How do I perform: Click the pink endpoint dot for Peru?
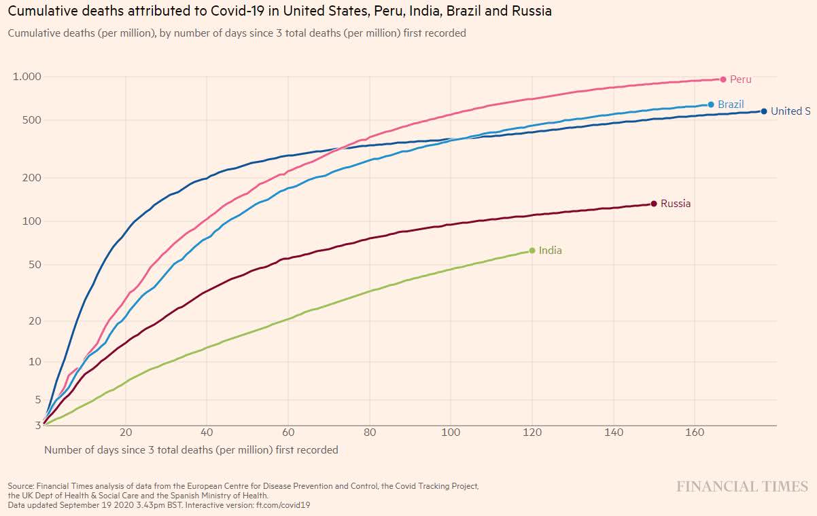click(723, 79)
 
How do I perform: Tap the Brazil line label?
click(731, 105)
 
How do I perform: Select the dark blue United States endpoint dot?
click(764, 111)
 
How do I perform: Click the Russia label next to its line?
click(675, 204)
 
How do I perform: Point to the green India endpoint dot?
click(532, 251)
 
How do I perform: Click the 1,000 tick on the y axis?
click(27, 77)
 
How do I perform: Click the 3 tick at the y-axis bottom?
click(38, 425)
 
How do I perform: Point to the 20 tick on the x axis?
click(126, 432)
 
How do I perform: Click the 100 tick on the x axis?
click(451, 432)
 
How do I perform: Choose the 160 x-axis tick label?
click(695, 432)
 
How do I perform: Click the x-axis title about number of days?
click(191, 449)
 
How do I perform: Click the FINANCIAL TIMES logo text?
click(742, 486)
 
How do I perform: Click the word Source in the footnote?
click(20, 486)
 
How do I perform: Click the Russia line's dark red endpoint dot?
click(654, 204)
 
